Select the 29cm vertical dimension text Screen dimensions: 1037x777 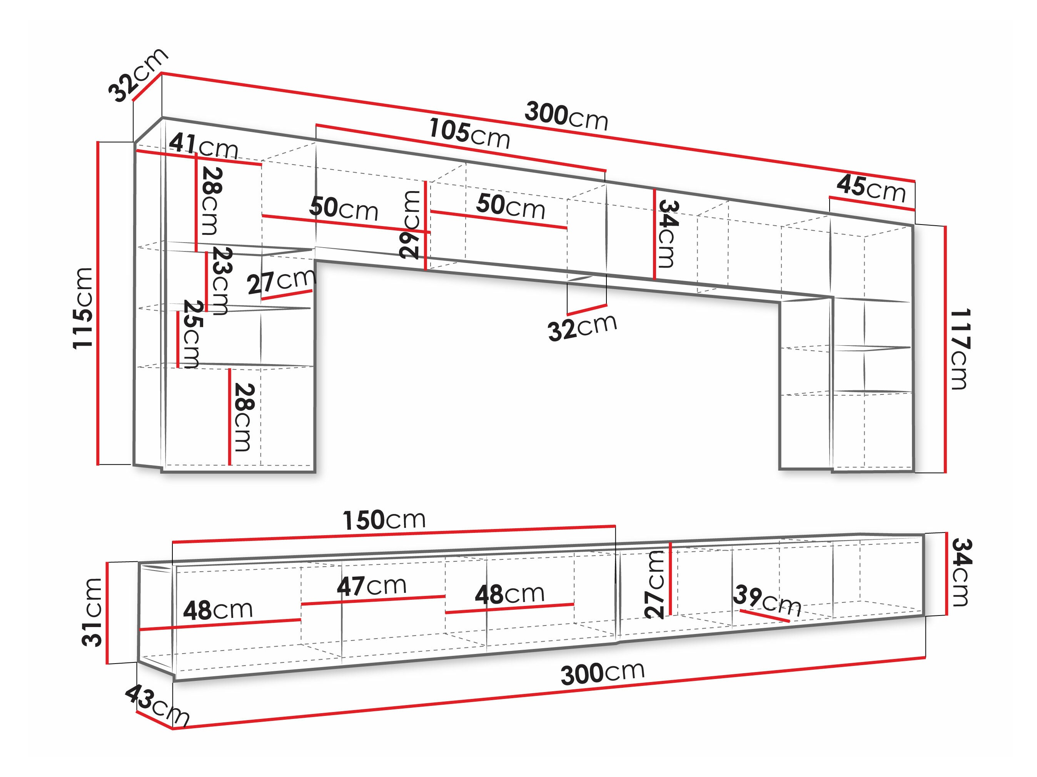point(410,225)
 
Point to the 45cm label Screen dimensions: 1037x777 point(871,188)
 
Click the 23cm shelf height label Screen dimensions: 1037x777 point(220,281)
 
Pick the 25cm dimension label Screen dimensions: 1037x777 point(191,334)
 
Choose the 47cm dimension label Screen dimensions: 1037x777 point(372,586)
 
